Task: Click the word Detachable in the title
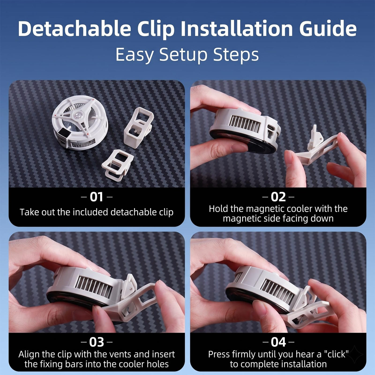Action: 74,29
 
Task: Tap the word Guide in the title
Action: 328,29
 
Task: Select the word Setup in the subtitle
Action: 183,55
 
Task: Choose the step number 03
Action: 96,342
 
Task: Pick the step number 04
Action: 278,342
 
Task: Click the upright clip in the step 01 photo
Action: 138,127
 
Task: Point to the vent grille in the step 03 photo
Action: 93,287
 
